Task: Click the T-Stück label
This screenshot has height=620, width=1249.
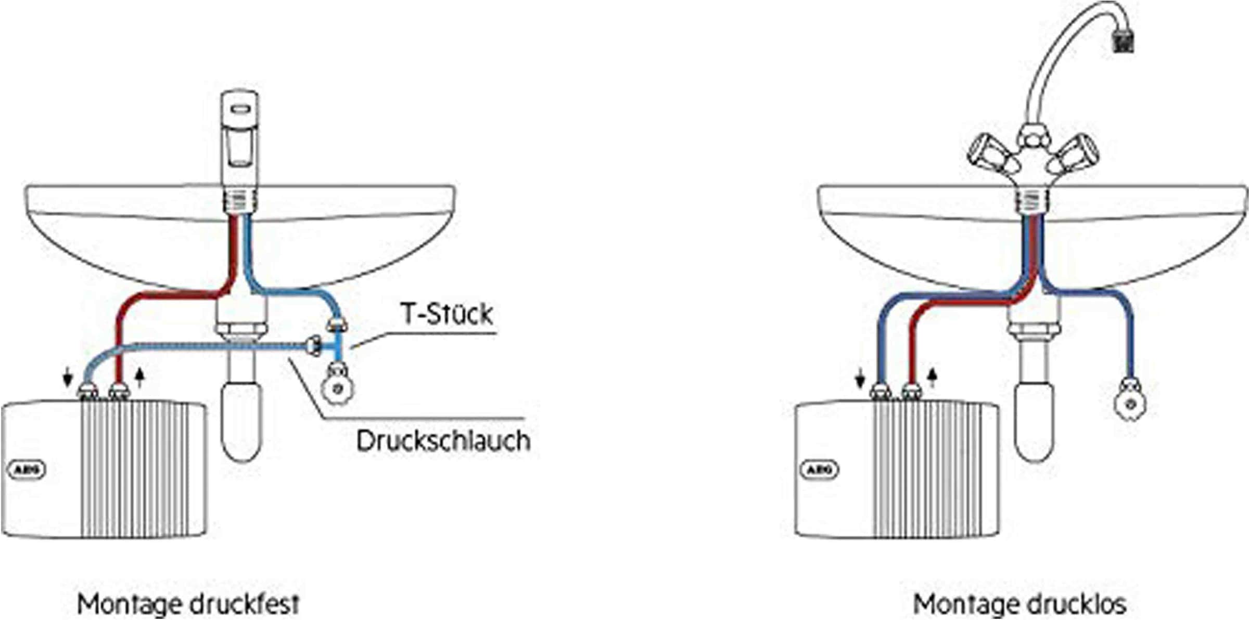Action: click(447, 314)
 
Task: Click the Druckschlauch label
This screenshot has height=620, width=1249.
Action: click(443, 441)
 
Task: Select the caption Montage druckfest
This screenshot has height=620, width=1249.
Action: click(188, 604)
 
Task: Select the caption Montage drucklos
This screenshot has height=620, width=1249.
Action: click(1019, 604)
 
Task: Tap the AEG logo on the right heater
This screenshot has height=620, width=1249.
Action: click(819, 470)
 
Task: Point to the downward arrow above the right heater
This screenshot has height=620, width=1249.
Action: click(860, 378)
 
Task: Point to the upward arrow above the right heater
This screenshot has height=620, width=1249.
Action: click(932, 378)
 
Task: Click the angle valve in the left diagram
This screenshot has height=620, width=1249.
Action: click(338, 385)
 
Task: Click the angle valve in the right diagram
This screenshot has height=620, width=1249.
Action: click(1129, 401)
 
